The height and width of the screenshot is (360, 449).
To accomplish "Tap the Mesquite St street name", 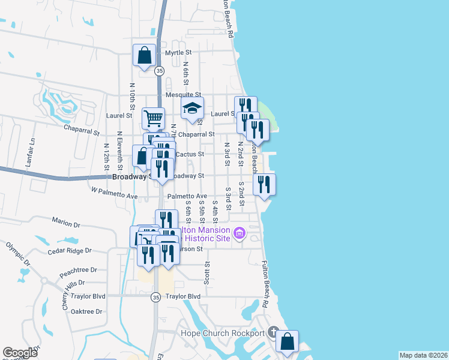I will [184, 95].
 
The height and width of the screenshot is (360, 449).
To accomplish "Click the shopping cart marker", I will [153, 118].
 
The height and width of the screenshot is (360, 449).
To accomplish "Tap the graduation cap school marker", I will [193, 109].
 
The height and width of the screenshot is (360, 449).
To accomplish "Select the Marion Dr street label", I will [66, 223].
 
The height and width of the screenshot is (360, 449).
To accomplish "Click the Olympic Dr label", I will [17, 254].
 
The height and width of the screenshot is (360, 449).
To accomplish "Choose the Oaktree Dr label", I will [86, 311].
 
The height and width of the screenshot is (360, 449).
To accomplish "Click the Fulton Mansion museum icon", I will [239, 232].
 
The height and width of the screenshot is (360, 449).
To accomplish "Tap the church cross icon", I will [273, 332].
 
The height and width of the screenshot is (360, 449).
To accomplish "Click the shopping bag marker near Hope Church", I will [288, 341].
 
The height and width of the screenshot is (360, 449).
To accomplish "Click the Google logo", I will [20, 353].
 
